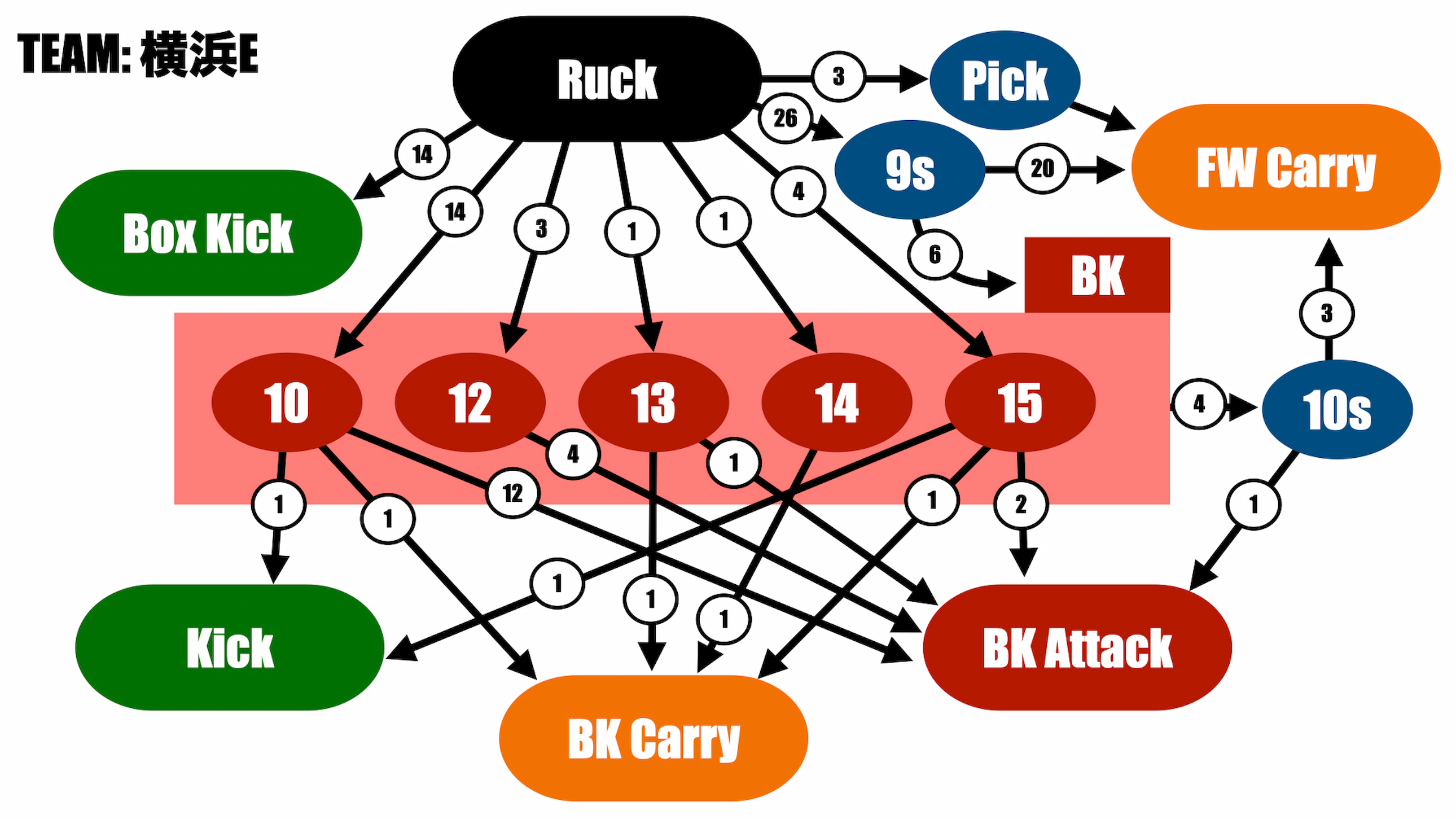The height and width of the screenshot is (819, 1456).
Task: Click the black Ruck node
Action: [x=607, y=79]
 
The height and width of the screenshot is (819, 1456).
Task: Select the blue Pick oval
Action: [x=1005, y=80]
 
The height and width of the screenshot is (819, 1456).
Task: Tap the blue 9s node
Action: [x=910, y=169]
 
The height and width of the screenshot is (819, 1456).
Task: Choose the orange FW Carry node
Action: [x=1286, y=167]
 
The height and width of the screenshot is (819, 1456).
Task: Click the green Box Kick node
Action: [x=208, y=233]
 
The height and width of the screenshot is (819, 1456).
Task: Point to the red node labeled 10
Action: [x=287, y=402]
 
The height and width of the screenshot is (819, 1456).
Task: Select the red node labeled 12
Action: [x=470, y=402]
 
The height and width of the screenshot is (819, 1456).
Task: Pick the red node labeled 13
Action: [x=654, y=402]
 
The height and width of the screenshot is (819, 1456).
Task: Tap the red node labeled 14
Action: [x=837, y=402]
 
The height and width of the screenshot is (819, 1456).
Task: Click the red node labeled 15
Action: [x=1020, y=402]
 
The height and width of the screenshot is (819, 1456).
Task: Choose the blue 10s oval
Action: [x=1337, y=409]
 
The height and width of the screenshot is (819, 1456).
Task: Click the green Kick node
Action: [x=230, y=647]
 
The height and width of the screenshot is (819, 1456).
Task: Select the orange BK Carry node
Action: [x=654, y=738]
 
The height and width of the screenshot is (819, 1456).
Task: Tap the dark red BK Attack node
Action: [x=1077, y=647]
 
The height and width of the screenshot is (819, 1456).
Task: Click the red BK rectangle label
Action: [x=1097, y=275]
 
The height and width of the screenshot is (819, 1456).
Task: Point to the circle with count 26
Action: [x=785, y=118]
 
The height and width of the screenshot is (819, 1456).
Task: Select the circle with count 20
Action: [x=1042, y=168]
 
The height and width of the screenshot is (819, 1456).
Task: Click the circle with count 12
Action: [x=512, y=493]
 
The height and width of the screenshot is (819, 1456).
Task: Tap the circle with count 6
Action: [x=935, y=255]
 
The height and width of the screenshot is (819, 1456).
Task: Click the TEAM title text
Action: [x=138, y=54]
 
